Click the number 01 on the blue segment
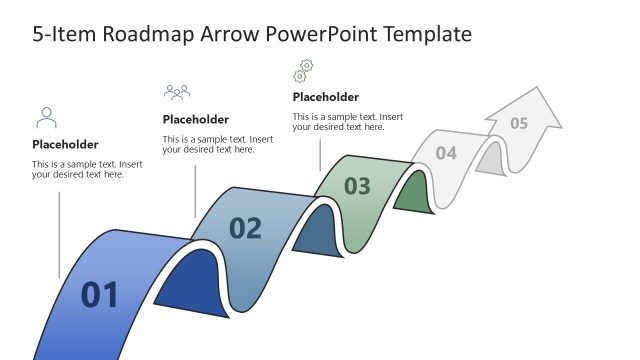[x=100, y=295]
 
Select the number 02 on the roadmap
[x=245, y=229]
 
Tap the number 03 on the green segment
[x=357, y=186]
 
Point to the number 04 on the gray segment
[x=446, y=153]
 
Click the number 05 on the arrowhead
[x=519, y=124]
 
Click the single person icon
[x=46, y=118]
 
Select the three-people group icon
[x=177, y=93]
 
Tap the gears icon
[x=303, y=70]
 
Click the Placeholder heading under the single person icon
[x=65, y=144]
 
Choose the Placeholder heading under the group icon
[x=195, y=119]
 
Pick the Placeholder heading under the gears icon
[x=325, y=97]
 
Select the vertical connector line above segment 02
[x=195, y=190]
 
